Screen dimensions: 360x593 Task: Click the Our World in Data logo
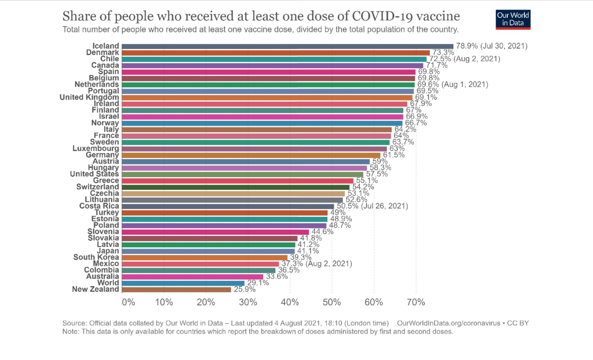tap(513, 19)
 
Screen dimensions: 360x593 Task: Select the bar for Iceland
tap(287, 46)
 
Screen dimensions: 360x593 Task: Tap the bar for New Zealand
tap(177, 290)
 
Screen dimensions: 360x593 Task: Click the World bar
tap(183, 283)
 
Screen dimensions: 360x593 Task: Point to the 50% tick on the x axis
tap(332, 303)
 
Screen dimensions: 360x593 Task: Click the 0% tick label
tap(128, 303)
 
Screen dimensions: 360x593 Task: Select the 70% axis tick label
tap(416, 303)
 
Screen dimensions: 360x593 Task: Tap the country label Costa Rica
tap(99, 206)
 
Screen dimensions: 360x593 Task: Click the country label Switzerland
tap(97, 187)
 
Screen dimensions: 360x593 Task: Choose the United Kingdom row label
tap(89, 97)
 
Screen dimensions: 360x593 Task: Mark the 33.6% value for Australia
tap(276, 277)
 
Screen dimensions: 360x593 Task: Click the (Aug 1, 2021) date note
tap(465, 85)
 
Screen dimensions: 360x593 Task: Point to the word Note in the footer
tap(70, 332)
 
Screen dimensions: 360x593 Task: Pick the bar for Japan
tap(208, 251)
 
